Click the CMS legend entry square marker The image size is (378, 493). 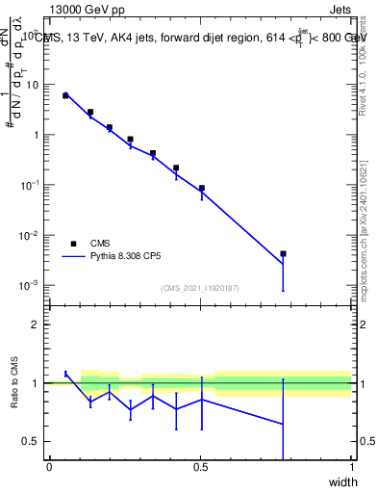coord(73,244)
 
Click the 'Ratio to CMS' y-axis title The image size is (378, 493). coord(14,383)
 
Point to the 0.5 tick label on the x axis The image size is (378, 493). coord(200,467)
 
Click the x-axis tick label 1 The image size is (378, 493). coord(352,467)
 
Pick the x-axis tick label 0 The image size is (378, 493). coord(49,467)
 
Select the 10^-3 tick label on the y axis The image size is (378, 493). coord(28,285)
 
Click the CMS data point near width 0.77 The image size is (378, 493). coord(283,254)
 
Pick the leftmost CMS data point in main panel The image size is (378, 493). coord(65,95)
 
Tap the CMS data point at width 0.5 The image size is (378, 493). coord(201,188)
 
